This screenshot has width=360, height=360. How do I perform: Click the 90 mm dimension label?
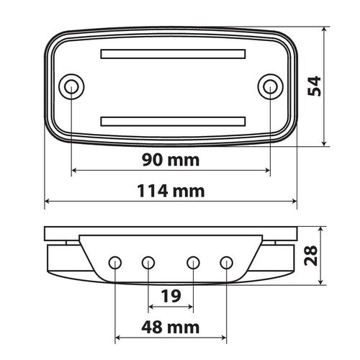(x=171, y=159)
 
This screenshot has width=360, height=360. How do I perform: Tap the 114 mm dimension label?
(x=171, y=191)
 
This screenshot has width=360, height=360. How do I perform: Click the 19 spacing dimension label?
(x=171, y=295)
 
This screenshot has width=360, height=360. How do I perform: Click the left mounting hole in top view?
(x=72, y=87)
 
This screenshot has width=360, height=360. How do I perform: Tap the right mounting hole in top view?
(x=269, y=87)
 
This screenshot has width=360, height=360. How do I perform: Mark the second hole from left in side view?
(x=148, y=261)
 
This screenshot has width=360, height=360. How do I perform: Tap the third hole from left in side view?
(x=193, y=261)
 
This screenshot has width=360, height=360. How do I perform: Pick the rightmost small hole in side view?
(x=226, y=261)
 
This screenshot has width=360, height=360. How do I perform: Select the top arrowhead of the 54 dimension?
(x=325, y=30)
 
